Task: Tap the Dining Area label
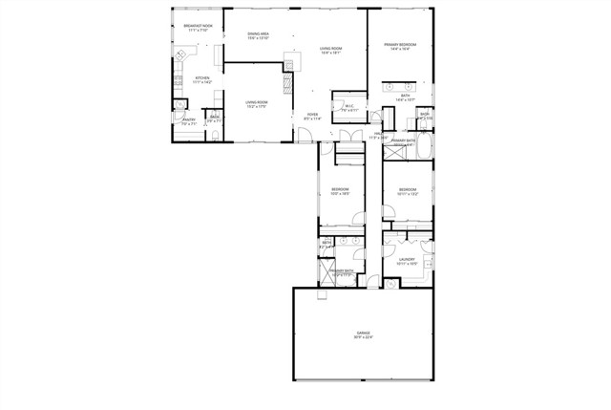(x=258, y=34)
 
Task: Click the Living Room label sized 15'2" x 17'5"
(x=255, y=102)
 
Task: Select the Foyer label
(x=312, y=115)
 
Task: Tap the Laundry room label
(x=406, y=259)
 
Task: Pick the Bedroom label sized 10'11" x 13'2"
(x=408, y=189)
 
